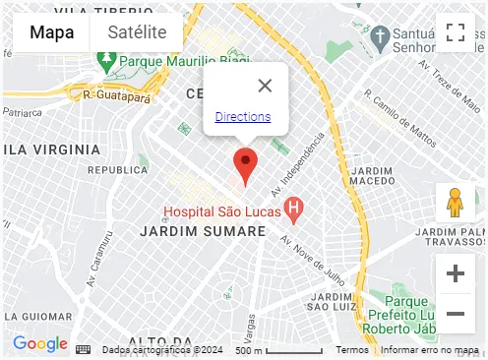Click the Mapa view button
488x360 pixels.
[51, 32]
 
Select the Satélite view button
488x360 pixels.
[137, 32]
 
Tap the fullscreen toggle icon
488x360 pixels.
[455, 32]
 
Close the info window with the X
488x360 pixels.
[264, 86]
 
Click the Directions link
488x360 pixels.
[242, 117]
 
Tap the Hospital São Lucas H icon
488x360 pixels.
[292, 209]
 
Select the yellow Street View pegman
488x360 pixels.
[455, 203]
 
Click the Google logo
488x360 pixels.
[40, 344]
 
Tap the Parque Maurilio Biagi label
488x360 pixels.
[183, 62]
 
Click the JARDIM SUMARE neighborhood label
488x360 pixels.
[204, 231]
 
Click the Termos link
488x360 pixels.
[352, 350]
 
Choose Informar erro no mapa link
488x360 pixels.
[430, 350]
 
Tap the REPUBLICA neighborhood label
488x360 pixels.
[118, 170]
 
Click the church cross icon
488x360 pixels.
[378, 35]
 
